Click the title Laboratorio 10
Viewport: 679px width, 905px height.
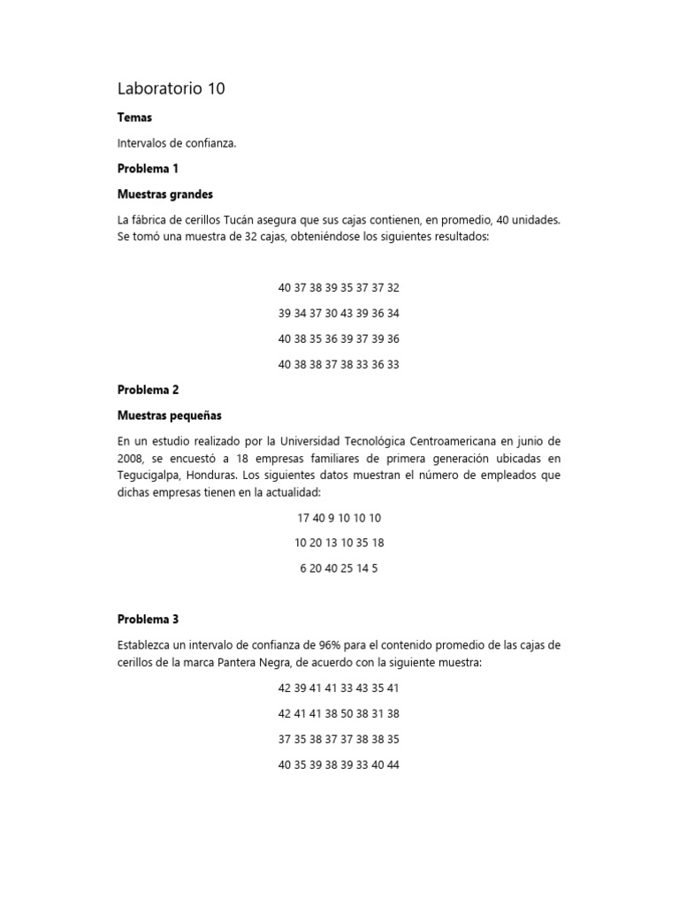pos(171,88)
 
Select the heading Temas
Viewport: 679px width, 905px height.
pos(134,118)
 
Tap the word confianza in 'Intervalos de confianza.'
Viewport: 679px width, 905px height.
pos(210,143)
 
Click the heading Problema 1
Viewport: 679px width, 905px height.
pos(148,169)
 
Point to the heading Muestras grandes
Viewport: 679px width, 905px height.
pos(165,194)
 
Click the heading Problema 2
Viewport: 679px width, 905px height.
pos(149,390)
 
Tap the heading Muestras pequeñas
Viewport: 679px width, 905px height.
pos(169,415)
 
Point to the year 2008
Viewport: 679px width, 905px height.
pos(131,458)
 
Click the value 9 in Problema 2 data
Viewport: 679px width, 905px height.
pos(332,518)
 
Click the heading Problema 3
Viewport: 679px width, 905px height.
pos(149,620)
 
